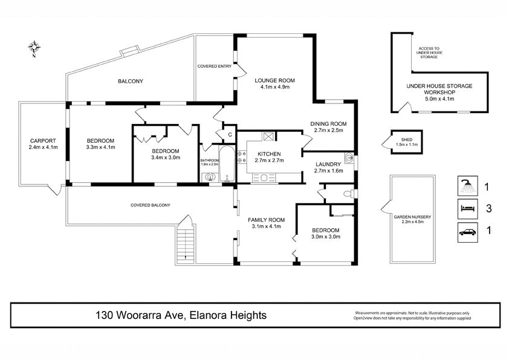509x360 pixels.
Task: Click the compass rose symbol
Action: [x=34, y=47]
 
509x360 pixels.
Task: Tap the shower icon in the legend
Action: [x=467, y=186]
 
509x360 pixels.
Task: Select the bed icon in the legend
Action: [x=467, y=209]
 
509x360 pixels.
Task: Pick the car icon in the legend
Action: [x=467, y=232]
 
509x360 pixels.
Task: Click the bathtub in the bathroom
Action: [x=227, y=164]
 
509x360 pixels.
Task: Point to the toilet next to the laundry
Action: [x=349, y=194]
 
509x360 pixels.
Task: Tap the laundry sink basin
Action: [x=349, y=157]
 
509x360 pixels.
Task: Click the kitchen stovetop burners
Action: [x=242, y=157]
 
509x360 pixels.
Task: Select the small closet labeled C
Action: [x=230, y=134]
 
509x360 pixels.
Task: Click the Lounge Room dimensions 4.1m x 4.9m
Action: [x=274, y=87]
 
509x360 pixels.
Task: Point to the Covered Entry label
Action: [x=214, y=67]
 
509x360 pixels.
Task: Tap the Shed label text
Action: [x=406, y=140]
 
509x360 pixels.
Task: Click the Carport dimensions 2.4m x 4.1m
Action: [x=43, y=147]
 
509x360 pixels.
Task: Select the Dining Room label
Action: [x=328, y=124]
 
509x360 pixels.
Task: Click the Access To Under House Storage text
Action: [x=429, y=53]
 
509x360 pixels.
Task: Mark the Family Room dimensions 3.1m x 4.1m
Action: [x=266, y=226]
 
